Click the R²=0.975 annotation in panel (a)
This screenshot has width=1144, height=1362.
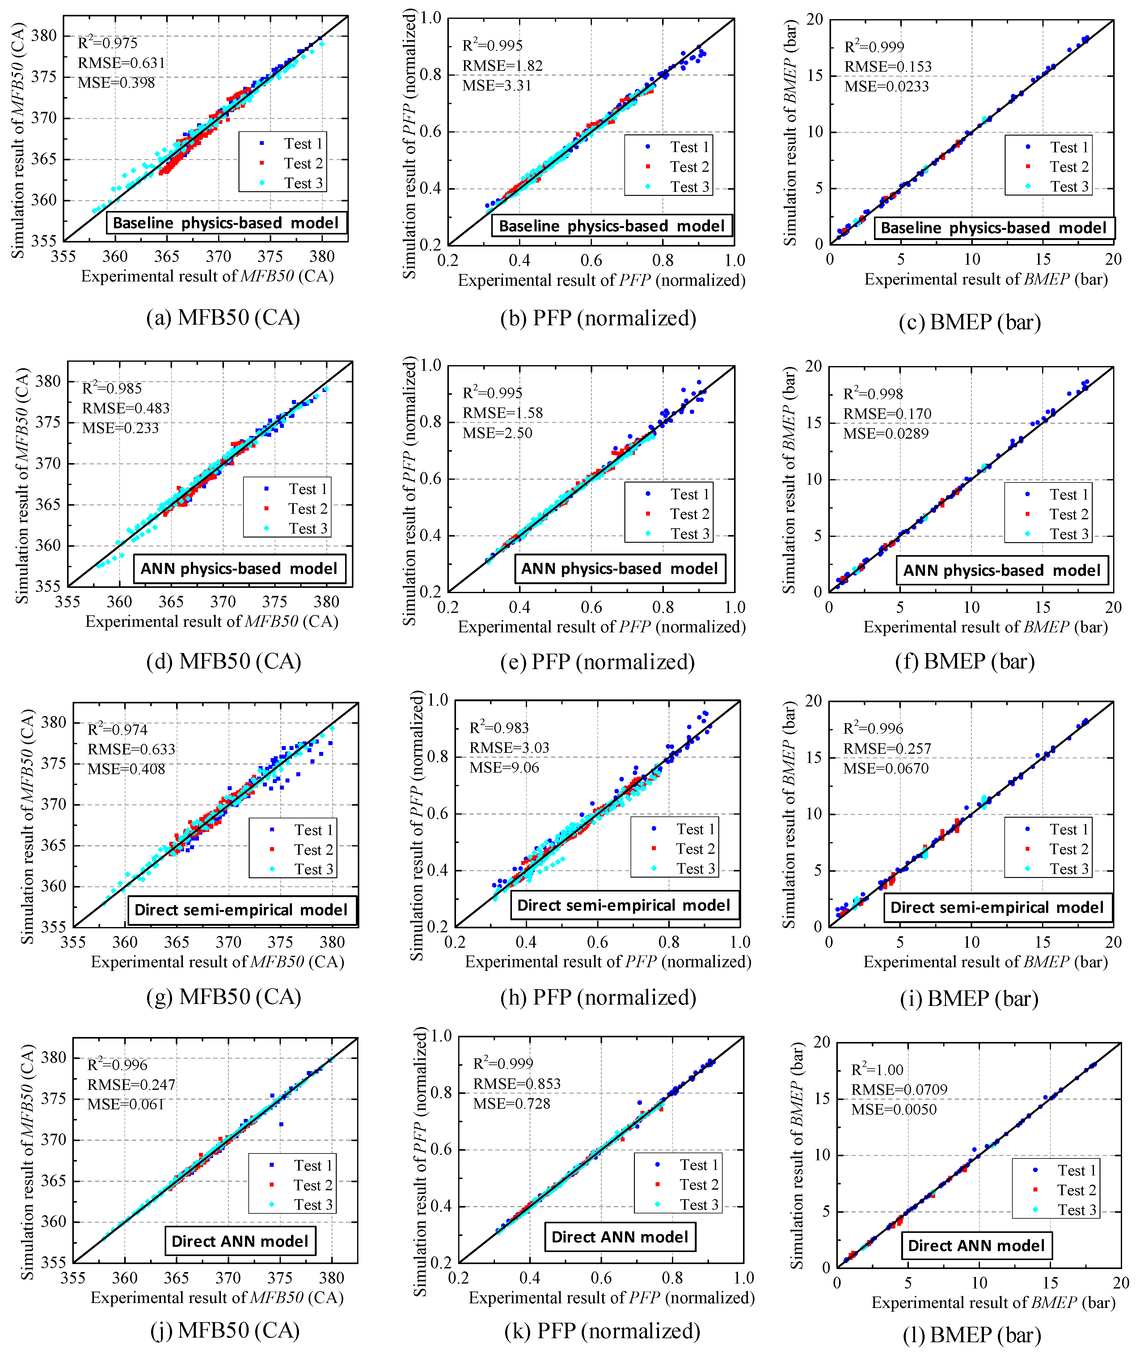[108, 43]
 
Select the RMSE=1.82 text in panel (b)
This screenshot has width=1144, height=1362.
[502, 65]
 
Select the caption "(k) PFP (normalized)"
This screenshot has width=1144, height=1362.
[602, 1331]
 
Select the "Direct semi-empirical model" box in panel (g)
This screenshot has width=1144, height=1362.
[241, 910]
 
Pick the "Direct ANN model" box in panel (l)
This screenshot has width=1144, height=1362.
[976, 1245]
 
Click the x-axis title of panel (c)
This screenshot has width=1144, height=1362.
[986, 280]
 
